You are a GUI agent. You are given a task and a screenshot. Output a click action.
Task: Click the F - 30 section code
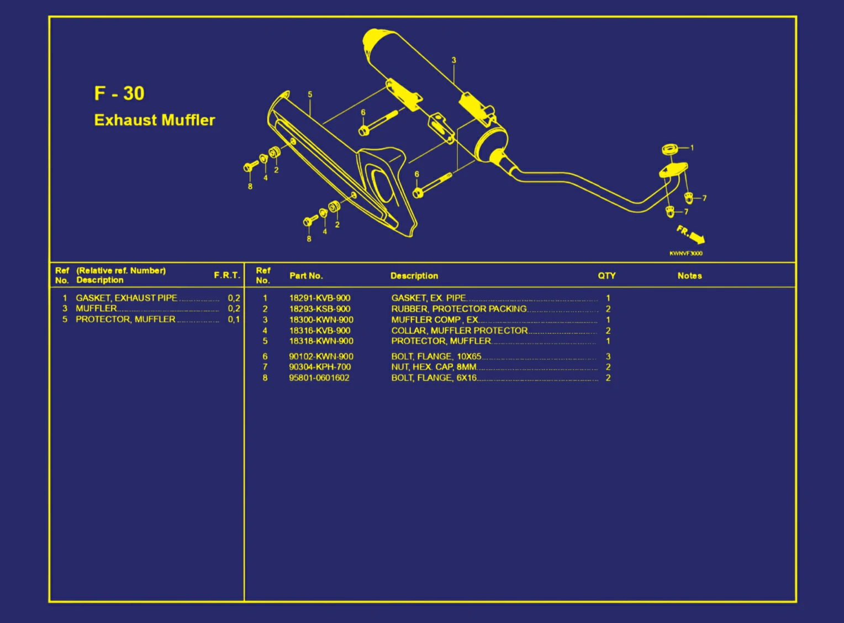pos(119,93)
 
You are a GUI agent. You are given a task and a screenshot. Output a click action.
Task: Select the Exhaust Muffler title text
pos(155,120)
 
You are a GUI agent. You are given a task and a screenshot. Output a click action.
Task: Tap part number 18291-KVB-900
pos(319,298)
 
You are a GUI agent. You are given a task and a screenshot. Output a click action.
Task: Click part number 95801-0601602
pos(319,378)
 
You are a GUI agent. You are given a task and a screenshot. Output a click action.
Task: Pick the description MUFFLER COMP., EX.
pos(434,320)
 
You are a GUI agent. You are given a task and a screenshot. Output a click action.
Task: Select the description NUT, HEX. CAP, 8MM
pos(434,367)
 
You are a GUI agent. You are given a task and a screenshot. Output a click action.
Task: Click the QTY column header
pos(606,275)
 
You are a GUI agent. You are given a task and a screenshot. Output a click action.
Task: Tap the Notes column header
pos(689,275)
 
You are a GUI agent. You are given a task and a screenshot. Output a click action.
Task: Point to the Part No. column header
pos(305,275)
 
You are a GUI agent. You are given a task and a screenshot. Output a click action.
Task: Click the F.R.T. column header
pos(226,275)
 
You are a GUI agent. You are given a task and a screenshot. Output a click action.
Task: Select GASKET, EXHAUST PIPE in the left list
pos(126,298)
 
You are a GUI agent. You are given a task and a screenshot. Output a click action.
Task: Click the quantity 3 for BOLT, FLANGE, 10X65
pos(608,357)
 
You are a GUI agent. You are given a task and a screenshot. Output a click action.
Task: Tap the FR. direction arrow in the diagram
pos(691,234)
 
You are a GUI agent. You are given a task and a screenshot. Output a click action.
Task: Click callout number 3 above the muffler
pos(454,60)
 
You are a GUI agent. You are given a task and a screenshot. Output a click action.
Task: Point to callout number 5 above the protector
pos(310,95)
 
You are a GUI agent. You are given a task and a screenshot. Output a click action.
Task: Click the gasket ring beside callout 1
pos(670,149)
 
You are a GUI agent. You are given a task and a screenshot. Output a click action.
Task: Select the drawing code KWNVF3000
pos(686,253)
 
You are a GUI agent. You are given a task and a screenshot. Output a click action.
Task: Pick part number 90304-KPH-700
pos(319,367)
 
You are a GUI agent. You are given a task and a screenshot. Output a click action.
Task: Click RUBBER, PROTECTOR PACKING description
pos(458,309)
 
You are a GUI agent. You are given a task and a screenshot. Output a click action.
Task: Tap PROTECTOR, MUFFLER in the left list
pos(125,320)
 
